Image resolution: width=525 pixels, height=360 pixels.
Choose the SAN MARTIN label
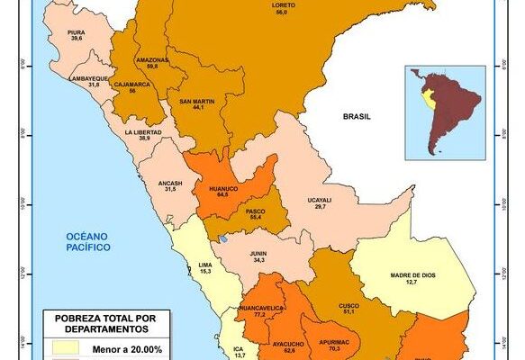[x=196, y=102]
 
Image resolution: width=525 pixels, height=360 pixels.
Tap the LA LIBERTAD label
[x=144, y=132]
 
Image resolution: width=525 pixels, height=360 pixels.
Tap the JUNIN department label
[x=259, y=254]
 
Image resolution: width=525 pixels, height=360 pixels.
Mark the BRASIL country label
[x=357, y=117]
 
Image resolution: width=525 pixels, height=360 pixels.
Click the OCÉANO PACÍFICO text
[x=87, y=240]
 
